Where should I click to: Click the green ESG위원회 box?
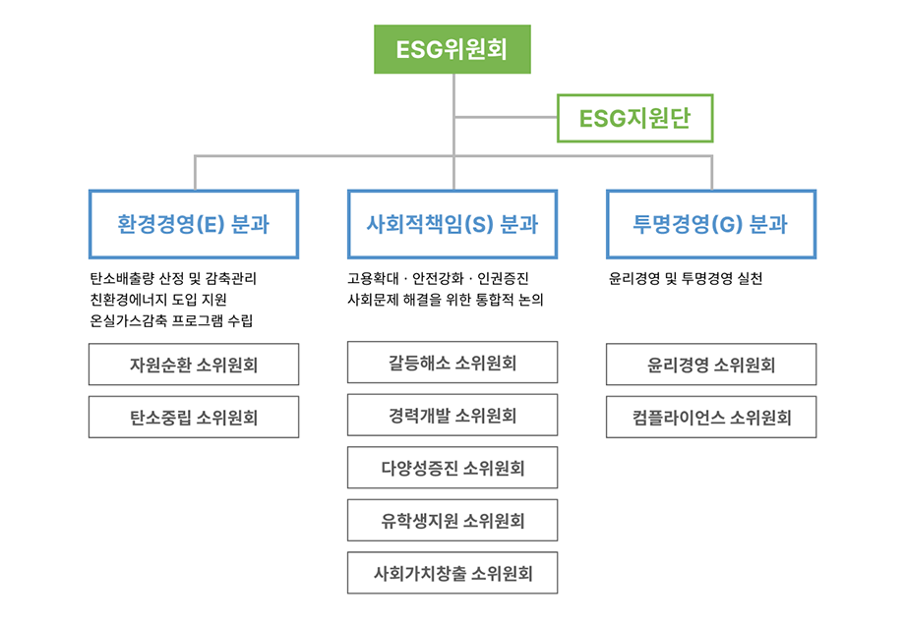coord(452,49)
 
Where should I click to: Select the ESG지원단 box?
coord(634,118)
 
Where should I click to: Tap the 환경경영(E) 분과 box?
coord(194,224)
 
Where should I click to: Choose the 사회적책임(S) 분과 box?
coord(452,224)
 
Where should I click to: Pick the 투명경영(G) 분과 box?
coord(711,224)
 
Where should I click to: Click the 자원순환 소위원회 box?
coord(194,365)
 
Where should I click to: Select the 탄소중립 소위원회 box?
coord(194,417)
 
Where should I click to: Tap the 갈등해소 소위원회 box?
coord(452,362)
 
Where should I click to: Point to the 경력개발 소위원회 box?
coord(452,415)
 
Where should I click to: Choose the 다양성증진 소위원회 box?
coord(452,468)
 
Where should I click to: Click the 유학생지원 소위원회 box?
coord(452,521)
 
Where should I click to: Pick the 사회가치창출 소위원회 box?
coord(452,573)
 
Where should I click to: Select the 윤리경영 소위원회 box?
coord(711,365)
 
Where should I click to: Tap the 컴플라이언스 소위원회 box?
coord(711,417)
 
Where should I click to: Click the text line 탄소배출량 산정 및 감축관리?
coord(173,279)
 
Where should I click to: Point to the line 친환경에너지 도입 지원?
coord(158,300)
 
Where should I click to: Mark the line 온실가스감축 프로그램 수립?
coord(171,320)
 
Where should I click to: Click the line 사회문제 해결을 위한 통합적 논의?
coord(446,300)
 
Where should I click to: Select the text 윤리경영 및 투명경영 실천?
coord(686,279)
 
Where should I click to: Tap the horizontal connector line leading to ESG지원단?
coord(507,118)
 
